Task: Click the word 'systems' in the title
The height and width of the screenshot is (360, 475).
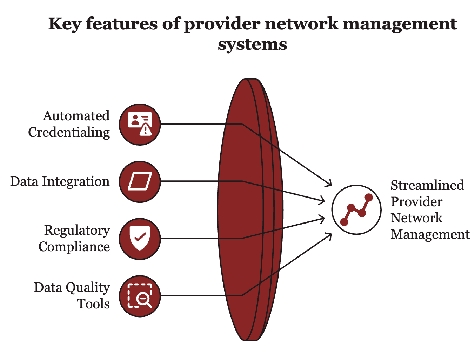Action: [x=252, y=45]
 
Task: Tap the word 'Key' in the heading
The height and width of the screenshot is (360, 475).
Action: [x=65, y=24]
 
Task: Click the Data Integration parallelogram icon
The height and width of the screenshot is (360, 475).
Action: [x=140, y=181]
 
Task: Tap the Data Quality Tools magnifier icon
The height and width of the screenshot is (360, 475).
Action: [x=140, y=296]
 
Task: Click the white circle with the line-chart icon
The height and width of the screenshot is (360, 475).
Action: [x=356, y=209]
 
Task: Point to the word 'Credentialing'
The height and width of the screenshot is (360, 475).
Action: [x=69, y=133]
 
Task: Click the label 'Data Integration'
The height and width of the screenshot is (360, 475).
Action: [x=60, y=181]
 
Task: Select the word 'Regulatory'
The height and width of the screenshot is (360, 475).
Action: [x=77, y=231]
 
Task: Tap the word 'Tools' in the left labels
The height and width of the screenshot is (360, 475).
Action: [x=93, y=304]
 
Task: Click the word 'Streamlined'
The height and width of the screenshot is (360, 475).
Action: [x=427, y=185]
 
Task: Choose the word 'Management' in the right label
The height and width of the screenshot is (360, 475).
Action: [x=430, y=235]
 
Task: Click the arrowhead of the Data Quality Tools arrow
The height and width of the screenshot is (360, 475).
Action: [x=331, y=234]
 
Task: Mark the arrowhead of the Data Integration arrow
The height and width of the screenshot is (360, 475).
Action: [x=324, y=201]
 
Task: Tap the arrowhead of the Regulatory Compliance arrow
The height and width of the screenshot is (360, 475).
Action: [x=324, y=218]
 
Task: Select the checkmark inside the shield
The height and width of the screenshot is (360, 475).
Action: [x=140, y=237]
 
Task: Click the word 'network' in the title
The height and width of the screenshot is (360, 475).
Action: [x=301, y=24]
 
